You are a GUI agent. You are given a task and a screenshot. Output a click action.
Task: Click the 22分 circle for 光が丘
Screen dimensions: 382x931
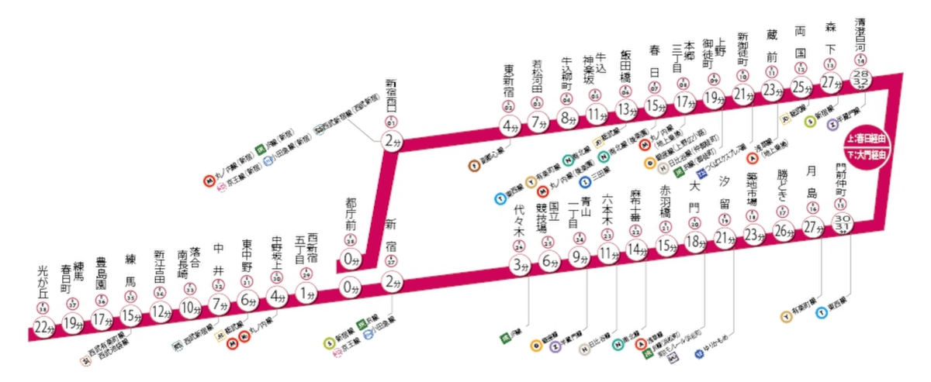43,329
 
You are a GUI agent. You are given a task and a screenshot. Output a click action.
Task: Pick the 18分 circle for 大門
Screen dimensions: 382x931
694,243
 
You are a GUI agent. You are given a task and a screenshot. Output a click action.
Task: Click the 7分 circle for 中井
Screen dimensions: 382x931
220,301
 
